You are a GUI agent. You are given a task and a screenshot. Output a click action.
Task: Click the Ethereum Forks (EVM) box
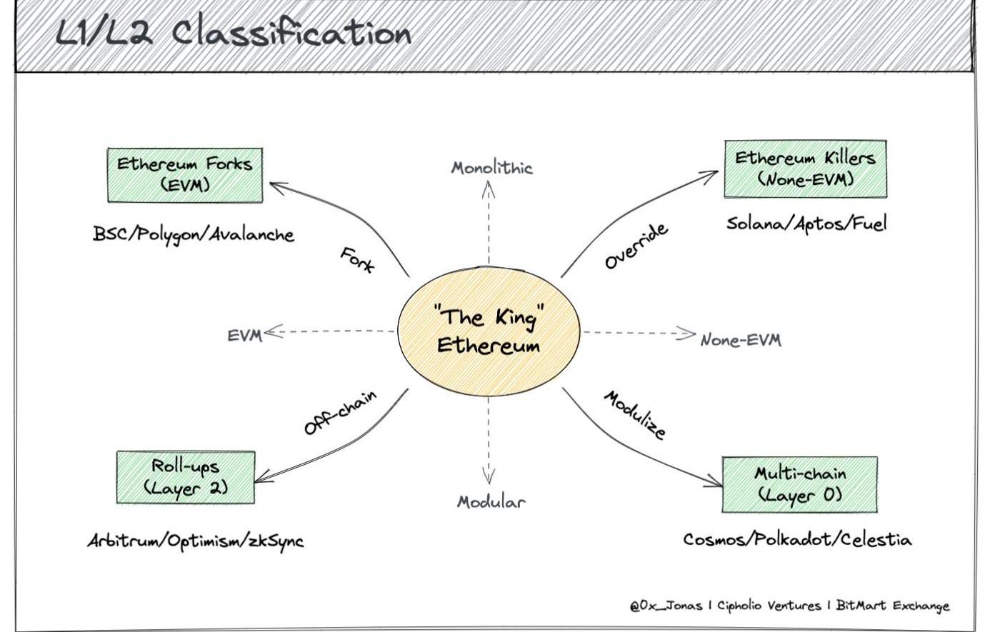point(184,175)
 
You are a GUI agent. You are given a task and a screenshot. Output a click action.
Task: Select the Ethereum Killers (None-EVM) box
point(805,169)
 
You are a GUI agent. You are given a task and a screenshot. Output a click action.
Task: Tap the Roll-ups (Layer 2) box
point(185,477)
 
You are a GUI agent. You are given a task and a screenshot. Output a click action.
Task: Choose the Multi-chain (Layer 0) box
point(799,484)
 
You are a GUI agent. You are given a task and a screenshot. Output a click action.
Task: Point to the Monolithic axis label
point(491,169)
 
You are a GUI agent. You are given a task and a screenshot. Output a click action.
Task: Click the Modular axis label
point(491,501)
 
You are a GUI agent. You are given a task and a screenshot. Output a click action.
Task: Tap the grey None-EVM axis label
point(741,340)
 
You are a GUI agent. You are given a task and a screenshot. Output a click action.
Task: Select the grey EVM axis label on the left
point(244,335)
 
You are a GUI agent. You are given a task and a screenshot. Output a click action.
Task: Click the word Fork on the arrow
point(356,260)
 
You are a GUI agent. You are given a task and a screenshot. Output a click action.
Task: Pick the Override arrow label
point(636,246)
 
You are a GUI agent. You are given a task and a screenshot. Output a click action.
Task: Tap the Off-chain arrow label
point(340,413)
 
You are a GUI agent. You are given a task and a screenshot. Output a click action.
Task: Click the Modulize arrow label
point(635,415)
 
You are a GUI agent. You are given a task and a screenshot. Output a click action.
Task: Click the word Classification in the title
point(291,34)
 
